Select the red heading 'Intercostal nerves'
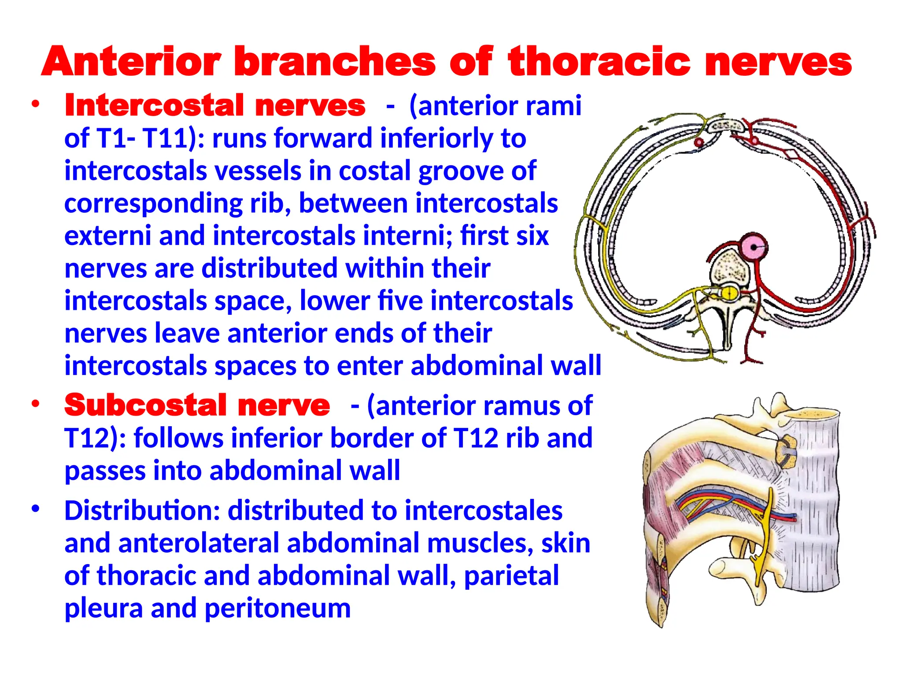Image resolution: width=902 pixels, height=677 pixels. (215, 106)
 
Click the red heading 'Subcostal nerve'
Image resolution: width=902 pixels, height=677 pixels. (197, 405)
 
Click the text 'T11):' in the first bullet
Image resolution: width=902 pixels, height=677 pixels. (174, 138)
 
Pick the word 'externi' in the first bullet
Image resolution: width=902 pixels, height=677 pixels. (108, 236)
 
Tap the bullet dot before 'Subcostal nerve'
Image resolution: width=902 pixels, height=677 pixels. (36, 404)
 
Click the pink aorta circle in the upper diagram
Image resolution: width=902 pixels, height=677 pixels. (754, 247)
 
